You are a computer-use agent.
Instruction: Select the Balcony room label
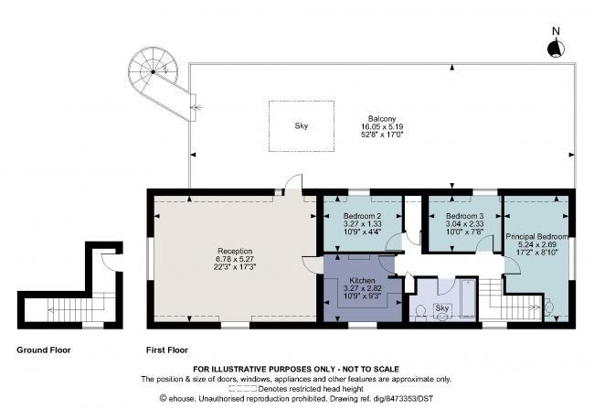[x=382, y=116]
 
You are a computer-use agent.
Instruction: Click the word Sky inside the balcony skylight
[x=301, y=125]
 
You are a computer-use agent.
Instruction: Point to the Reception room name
[x=234, y=251]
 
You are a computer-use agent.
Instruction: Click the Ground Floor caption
[x=44, y=350]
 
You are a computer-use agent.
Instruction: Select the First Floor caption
[x=167, y=350]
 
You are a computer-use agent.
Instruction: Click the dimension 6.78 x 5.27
[x=234, y=259]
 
